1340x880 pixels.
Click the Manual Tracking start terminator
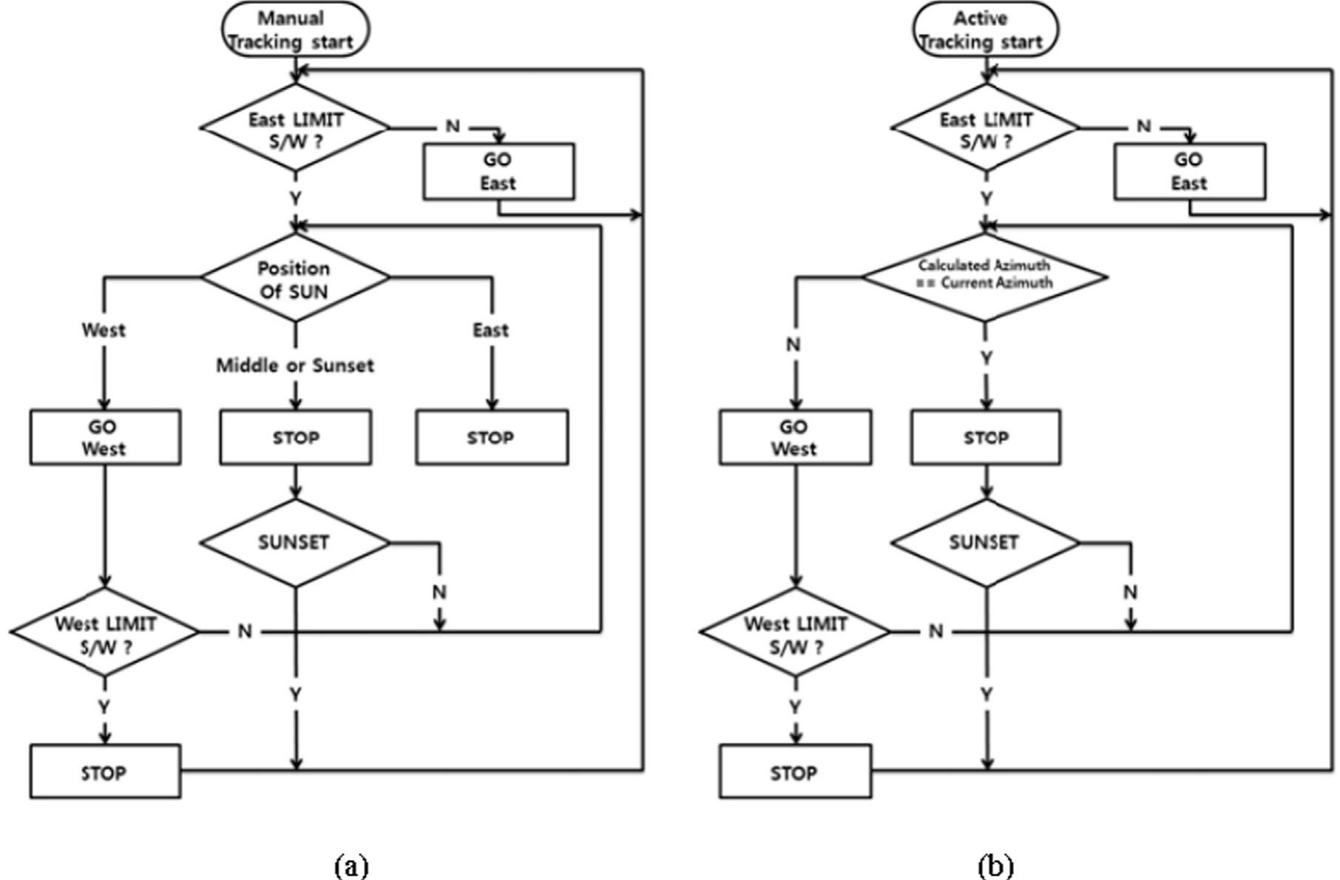click(x=294, y=30)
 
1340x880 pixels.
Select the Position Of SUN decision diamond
click(x=295, y=279)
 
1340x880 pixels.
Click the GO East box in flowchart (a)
click(x=498, y=172)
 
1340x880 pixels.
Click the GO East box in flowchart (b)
click(x=1188, y=172)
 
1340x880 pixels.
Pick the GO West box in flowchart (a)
click(x=104, y=437)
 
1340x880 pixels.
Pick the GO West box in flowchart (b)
click(x=795, y=437)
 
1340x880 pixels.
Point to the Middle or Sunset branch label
click(x=295, y=365)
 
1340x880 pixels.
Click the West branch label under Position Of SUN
click(x=104, y=330)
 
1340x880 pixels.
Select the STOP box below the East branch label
click(x=491, y=437)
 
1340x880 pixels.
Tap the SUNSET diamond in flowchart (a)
click(x=295, y=542)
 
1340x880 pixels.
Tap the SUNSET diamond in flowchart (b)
click(x=985, y=542)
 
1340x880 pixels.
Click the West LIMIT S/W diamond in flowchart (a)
click(x=105, y=633)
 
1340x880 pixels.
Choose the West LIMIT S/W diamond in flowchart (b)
click(x=795, y=633)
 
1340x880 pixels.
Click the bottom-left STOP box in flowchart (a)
click(x=104, y=771)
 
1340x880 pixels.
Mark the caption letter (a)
click(x=351, y=863)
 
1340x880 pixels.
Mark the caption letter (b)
click(x=995, y=863)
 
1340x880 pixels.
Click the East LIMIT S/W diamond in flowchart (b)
click(x=985, y=129)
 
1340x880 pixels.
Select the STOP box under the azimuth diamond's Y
click(x=985, y=437)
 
